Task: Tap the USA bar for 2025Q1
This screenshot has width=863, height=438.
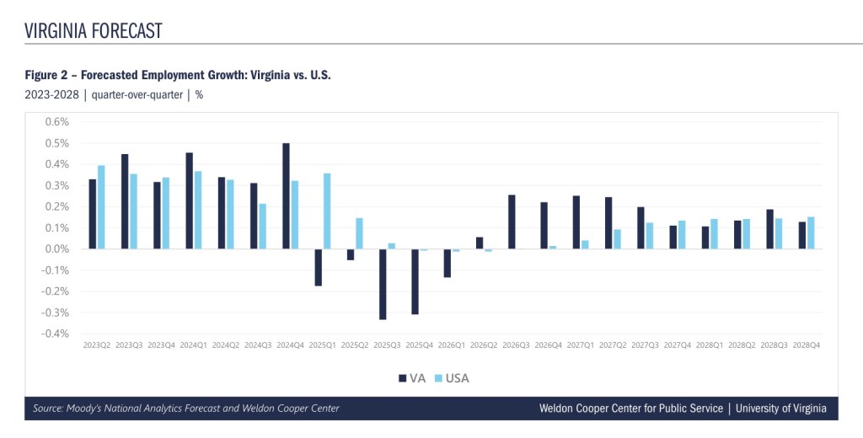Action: pos(327,211)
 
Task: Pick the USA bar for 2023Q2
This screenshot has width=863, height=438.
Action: pos(101,206)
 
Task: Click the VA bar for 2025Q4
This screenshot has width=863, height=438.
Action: pos(415,281)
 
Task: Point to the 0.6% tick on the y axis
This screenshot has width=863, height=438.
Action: pos(56,121)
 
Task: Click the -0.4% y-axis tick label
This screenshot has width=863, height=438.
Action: pos(55,334)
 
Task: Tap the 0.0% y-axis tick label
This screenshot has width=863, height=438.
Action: pos(56,248)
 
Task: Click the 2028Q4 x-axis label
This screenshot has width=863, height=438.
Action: pos(807,345)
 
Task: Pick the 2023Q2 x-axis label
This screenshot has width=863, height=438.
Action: pos(97,345)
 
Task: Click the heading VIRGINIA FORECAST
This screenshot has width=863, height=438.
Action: pos(94,31)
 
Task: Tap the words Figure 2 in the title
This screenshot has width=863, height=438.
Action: pos(49,75)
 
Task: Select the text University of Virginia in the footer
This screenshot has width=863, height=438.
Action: pos(781,409)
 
